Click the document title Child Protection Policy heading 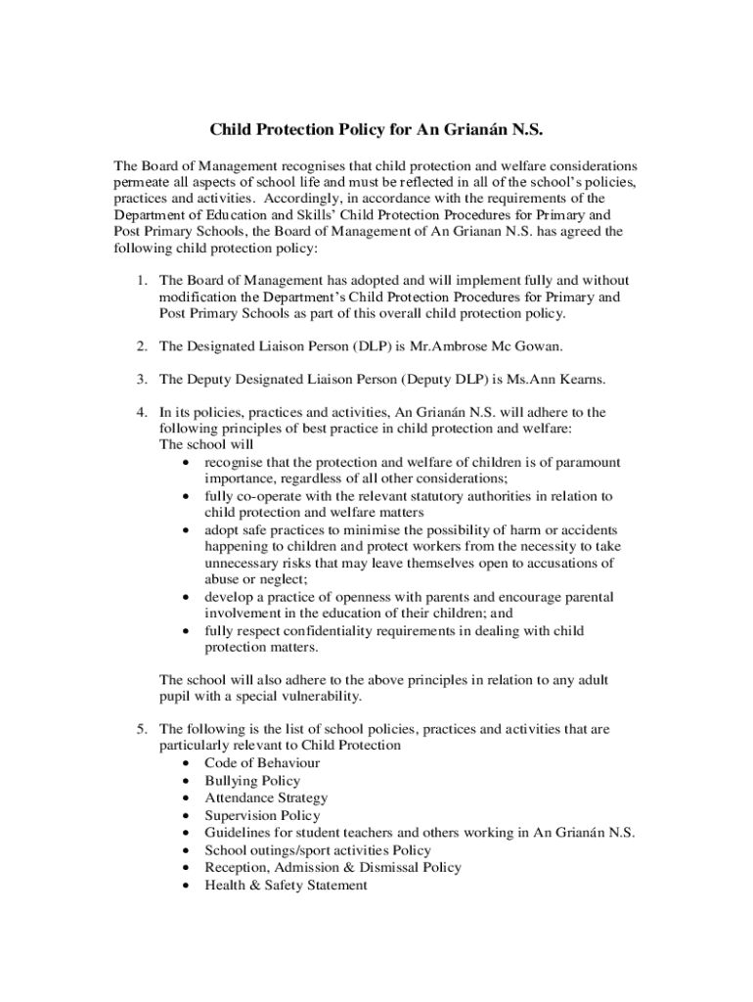click(x=376, y=129)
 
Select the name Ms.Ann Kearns click(x=554, y=379)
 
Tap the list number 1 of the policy click(x=142, y=279)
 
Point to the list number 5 click(x=142, y=729)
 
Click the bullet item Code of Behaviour click(x=261, y=763)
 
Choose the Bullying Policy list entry click(x=251, y=781)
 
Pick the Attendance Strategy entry click(x=266, y=798)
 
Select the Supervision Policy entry click(x=262, y=815)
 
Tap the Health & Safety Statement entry click(x=286, y=886)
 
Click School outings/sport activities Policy click(x=318, y=850)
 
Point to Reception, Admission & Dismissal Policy click(x=332, y=868)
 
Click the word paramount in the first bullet click(x=584, y=462)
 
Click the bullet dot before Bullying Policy click(x=186, y=782)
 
